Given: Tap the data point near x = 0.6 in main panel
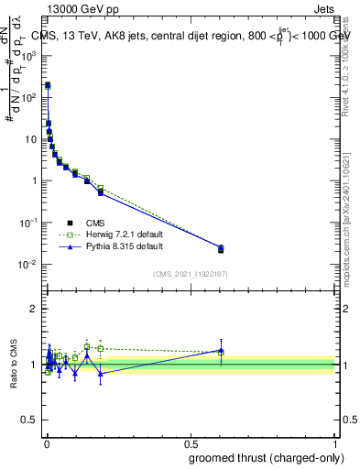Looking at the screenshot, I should click(x=221, y=249).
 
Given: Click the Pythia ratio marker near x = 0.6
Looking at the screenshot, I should click(x=221, y=350).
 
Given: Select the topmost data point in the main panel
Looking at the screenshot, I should click(x=48, y=85).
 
